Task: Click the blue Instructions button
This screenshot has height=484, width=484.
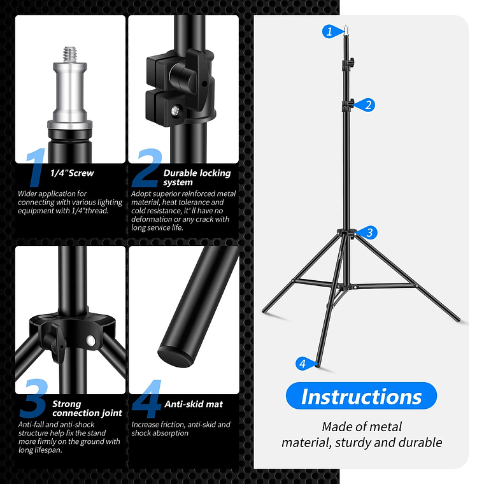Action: coord(361,396)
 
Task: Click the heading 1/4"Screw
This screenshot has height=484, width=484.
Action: coord(72,173)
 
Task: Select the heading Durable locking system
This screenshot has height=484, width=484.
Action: coord(196,177)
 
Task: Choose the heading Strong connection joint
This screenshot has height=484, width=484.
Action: coord(87,408)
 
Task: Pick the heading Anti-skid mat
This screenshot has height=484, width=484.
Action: coord(194,404)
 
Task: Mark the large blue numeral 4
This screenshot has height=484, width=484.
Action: coord(146,399)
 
